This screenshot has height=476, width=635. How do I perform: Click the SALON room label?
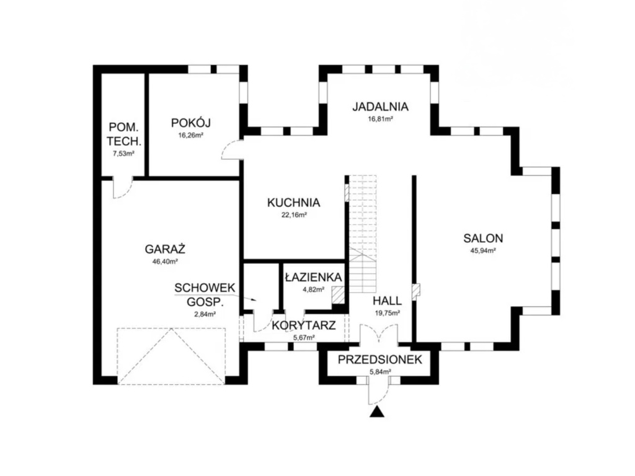tap(483, 238)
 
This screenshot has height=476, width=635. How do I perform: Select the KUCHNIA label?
tap(293, 203)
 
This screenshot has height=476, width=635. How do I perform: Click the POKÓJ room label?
tap(191, 122)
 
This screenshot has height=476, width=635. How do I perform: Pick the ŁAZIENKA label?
tap(313, 277)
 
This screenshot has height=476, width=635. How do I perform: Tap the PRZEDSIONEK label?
tap(380, 359)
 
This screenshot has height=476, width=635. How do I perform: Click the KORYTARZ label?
tap(304, 325)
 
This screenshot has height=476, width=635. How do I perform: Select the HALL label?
tap(387, 301)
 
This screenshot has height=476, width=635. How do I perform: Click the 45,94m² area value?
tap(483, 250)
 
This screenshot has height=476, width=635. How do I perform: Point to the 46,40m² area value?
tap(165, 262)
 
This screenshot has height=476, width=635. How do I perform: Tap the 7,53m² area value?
tap(123, 154)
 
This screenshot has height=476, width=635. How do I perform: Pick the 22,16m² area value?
tap(293, 215)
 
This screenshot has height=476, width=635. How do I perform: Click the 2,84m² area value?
tap(205, 314)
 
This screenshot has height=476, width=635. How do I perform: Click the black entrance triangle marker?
tap(378, 412)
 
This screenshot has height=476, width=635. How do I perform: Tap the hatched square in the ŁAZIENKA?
tap(338, 295)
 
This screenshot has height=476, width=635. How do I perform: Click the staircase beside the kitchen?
tap(363, 234)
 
